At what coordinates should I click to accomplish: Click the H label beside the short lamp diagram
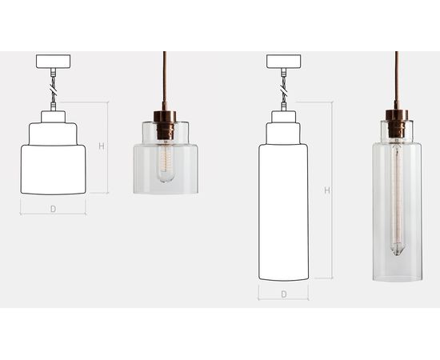click(x=102, y=146)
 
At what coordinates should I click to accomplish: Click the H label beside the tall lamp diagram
click(x=327, y=190)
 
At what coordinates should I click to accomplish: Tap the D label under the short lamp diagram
click(x=53, y=209)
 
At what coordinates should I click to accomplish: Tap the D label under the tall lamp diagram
click(x=284, y=294)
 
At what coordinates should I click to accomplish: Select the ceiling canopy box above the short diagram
click(x=53, y=62)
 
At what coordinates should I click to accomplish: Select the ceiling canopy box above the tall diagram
click(x=284, y=62)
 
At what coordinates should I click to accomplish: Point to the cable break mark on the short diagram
click(x=53, y=90)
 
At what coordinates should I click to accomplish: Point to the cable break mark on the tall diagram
click(x=284, y=90)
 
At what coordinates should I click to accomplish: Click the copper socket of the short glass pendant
click(x=165, y=124)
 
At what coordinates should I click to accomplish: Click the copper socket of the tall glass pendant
click(x=397, y=123)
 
